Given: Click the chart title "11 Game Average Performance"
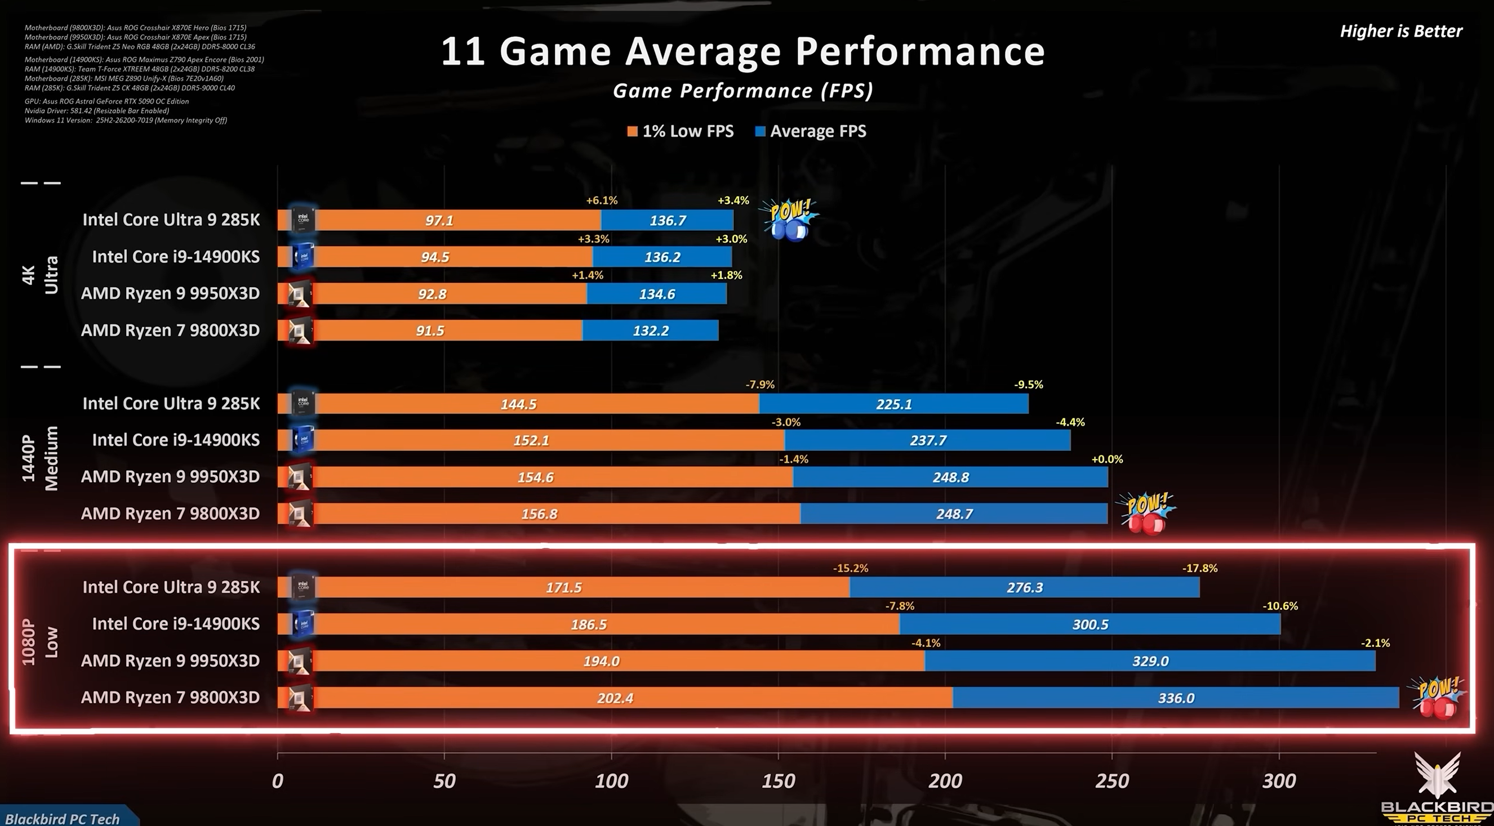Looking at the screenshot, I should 743,52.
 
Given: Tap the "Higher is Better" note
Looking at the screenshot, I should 1400,32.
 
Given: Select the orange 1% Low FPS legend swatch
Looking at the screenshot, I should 632,132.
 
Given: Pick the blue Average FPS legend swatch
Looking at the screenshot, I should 760,132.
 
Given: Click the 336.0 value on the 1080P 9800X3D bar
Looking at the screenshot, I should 1176,698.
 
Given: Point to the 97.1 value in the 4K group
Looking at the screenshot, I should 439,220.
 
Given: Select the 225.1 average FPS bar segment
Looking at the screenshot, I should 893,404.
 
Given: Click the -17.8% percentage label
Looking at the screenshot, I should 1199,569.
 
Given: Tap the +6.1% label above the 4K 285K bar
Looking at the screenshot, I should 602,200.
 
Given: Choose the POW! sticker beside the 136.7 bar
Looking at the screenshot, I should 789,219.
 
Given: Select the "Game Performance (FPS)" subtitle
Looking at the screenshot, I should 743,91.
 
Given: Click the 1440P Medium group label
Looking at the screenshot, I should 40,458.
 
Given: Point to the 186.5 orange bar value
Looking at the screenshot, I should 589,624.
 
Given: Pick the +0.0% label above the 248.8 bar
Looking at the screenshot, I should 1106,459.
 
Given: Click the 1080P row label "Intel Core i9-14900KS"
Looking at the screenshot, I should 176,624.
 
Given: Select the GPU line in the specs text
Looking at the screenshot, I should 106,101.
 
